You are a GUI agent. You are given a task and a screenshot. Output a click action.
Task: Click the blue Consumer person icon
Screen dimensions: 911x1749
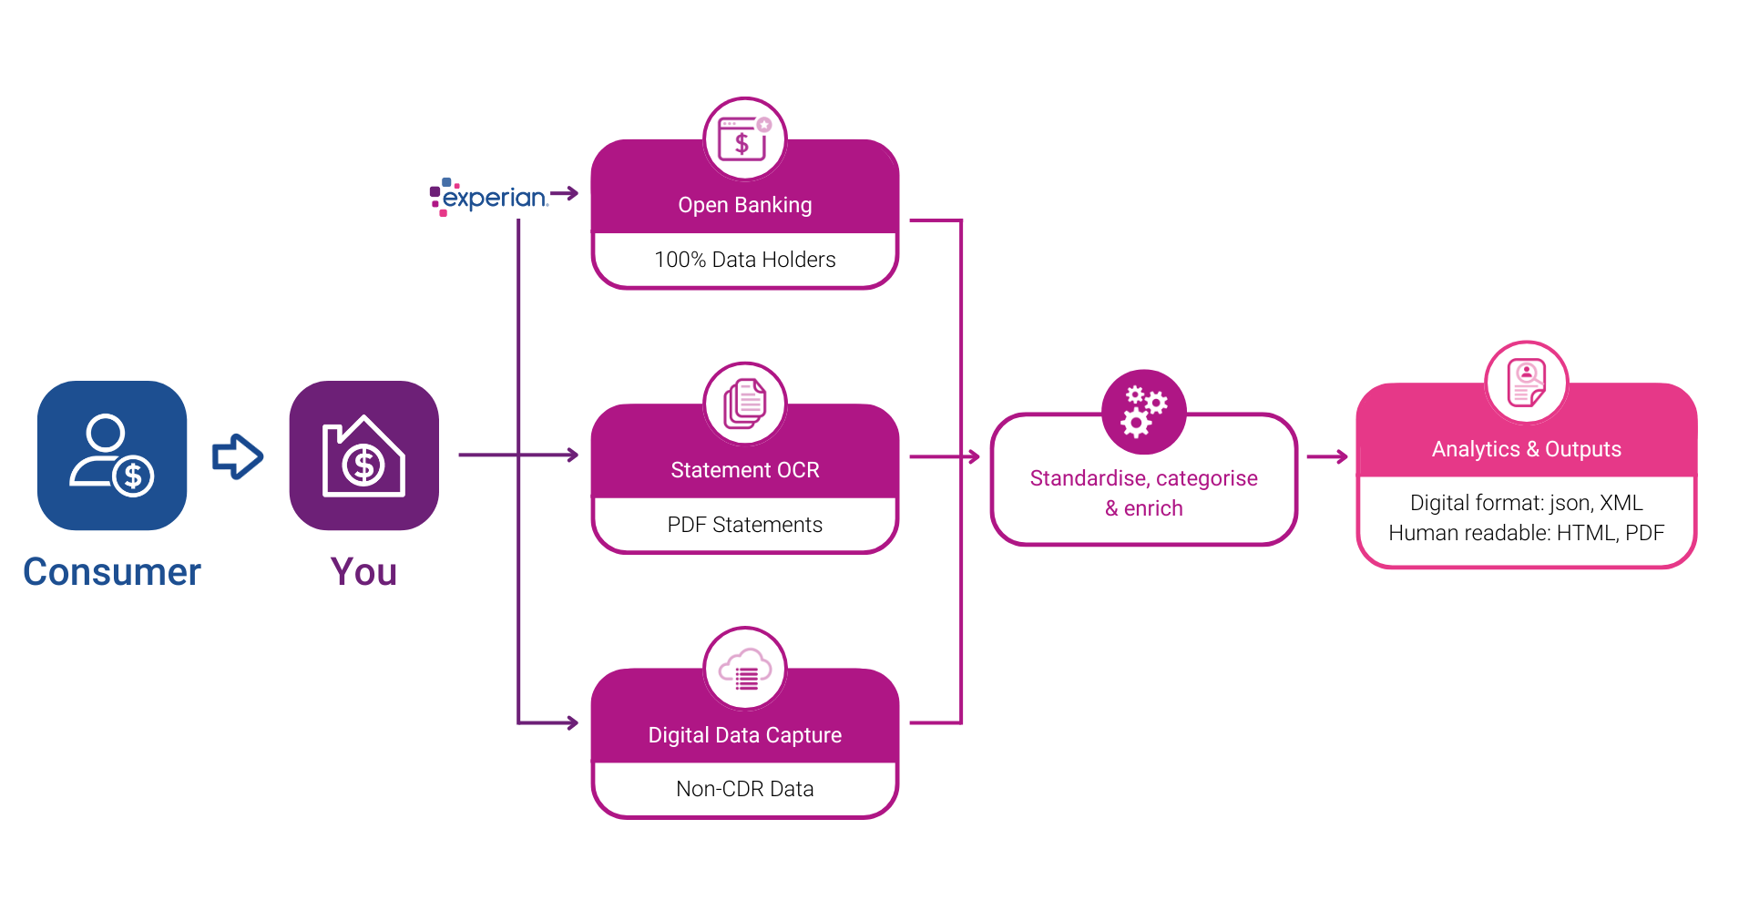point(112,455)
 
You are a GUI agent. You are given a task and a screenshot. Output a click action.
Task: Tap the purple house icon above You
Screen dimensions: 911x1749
point(364,455)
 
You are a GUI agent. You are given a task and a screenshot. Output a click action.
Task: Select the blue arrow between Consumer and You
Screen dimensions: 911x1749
point(238,455)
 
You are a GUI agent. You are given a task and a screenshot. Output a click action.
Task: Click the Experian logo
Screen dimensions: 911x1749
point(489,197)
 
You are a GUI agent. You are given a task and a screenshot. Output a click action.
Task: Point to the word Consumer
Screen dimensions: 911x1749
point(112,572)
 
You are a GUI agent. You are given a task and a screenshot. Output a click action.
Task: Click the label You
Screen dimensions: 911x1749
point(363,572)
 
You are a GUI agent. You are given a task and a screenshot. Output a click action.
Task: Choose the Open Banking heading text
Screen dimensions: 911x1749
point(745,205)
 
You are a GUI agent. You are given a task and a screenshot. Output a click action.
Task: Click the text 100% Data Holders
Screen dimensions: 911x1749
point(745,260)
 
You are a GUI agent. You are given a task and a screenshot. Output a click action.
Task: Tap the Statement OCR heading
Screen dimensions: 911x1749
point(745,470)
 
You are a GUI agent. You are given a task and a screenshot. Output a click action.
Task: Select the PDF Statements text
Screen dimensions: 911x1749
point(745,525)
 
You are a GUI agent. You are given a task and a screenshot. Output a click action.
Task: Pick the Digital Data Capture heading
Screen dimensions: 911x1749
point(745,735)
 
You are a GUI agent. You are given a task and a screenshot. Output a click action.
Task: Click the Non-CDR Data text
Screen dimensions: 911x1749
point(745,789)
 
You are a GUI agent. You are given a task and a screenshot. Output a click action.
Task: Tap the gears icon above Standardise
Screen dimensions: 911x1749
point(1143,411)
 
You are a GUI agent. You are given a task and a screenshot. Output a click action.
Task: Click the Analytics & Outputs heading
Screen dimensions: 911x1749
point(1527,449)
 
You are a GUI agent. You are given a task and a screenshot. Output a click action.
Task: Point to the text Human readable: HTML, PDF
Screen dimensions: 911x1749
point(1527,533)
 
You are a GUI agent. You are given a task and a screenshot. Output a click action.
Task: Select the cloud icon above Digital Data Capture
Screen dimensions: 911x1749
point(745,669)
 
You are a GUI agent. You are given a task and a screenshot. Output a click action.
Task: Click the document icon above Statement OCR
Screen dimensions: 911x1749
point(745,404)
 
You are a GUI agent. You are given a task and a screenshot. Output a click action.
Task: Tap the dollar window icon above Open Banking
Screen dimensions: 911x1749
point(745,138)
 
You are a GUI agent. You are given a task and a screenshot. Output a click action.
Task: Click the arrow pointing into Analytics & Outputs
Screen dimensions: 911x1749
point(1327,456)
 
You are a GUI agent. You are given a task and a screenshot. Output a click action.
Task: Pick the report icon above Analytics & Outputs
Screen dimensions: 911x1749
point(1527,383)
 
